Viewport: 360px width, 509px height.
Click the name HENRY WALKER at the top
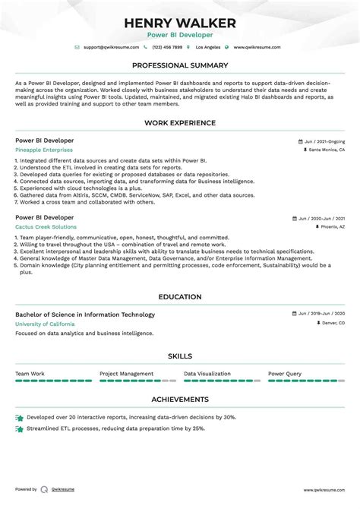[180, 22]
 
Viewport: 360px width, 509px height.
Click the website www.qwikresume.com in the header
[257, 47]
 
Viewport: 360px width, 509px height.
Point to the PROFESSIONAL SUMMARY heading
[180, 65]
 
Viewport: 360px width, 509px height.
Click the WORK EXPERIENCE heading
[180, 122]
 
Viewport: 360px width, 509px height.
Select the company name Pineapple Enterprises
[45, 150]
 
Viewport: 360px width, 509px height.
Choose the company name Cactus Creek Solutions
[46, 226]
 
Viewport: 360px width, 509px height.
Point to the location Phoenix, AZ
[332, 226]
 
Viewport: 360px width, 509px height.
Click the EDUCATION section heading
[180, 296]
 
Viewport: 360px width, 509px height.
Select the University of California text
[45, 324]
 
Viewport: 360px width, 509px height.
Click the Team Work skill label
[30, 374]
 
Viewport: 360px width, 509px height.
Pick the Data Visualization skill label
[207, 374]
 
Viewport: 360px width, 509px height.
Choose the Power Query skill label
[285, 374]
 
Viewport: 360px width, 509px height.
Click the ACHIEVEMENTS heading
[180, 399]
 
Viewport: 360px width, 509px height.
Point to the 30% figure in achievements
[229, 417]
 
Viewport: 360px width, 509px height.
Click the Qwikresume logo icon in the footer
[44, 489]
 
